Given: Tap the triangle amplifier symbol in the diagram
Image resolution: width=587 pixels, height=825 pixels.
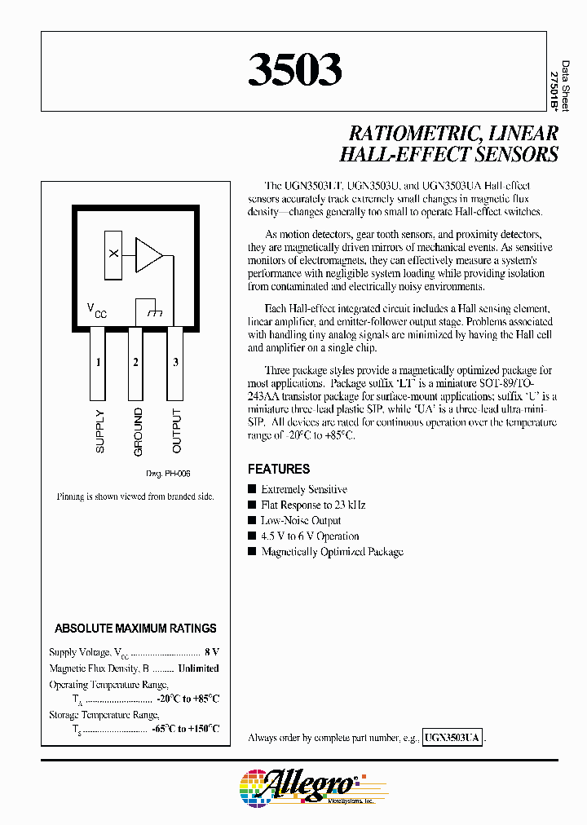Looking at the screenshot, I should (x=149, y=254).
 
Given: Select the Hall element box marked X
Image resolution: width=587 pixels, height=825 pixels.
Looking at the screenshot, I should (x=113, y=254).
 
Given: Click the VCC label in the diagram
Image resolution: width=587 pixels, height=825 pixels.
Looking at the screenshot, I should (x=96, y=310).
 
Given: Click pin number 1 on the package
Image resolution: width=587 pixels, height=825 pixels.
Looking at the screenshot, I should (x=98, y=362).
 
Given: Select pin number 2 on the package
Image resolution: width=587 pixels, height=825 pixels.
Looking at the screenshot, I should (x=136, y=362).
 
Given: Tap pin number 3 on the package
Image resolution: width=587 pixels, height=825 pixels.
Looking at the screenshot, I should (x=175, y=362).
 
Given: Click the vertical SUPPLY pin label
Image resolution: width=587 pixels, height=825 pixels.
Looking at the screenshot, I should (x=99, y=430).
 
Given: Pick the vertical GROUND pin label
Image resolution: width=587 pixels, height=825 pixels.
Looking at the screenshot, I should (x=138, y=431).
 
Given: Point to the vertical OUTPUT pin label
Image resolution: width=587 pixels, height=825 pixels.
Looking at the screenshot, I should (x=177, y=430).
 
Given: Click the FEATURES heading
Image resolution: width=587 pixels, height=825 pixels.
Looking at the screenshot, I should (x=279, y=470).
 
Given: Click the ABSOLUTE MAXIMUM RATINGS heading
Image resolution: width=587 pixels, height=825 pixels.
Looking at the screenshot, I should (x=135, y=629).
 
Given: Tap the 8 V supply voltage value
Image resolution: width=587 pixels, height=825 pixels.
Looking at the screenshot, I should (x=211, y=653).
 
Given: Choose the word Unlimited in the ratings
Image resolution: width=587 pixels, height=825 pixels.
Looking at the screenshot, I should (x=198, y=668).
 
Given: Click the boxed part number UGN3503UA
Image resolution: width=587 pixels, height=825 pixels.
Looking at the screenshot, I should (x=453, y=738).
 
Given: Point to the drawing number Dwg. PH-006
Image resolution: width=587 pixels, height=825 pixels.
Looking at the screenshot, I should (x=168, y=474).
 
